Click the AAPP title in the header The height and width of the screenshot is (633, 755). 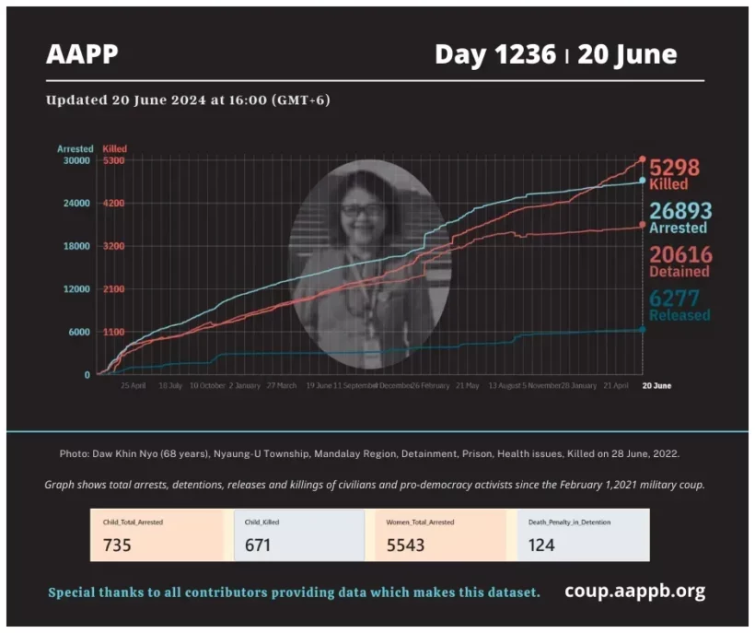click(x=82, y=54)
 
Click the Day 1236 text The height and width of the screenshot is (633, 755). click(x=494, y=55)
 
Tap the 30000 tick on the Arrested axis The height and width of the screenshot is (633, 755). click(x=76, y=160)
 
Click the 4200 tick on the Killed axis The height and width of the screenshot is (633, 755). click(x=114, y=204)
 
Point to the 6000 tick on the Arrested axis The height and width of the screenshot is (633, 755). click(x=79, y=333)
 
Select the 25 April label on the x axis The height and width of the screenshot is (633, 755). click(x=134, y=385)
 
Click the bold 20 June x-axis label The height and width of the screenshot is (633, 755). click(x=656, y=385)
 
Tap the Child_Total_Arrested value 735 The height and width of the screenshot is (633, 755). click(x=117, y=545)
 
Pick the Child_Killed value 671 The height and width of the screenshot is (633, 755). click(x=259, y=545)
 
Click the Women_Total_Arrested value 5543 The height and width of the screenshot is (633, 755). click(x=406, y=545)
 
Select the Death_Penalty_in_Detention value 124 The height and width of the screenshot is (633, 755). click(x=541, y=545)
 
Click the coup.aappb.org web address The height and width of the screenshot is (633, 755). click(x=634, y=591)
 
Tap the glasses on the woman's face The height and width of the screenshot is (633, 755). click(x=362, y=210)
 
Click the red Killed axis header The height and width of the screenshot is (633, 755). click(x=115, y=148)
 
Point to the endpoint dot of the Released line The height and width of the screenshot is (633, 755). click(x=642, y=329)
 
